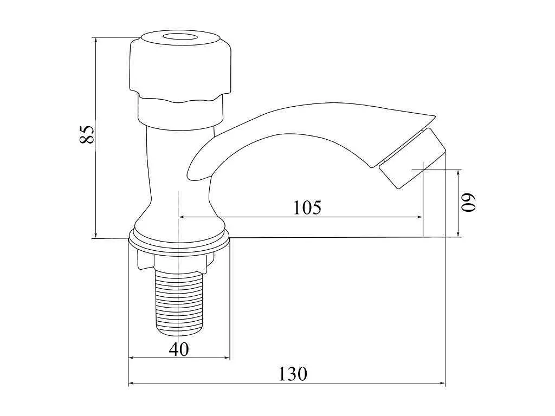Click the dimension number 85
87,134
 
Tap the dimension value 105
307,207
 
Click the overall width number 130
293,374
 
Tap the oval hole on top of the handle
181,38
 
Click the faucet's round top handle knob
180,67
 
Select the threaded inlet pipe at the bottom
180,302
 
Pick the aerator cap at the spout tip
412,158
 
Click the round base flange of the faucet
179,242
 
